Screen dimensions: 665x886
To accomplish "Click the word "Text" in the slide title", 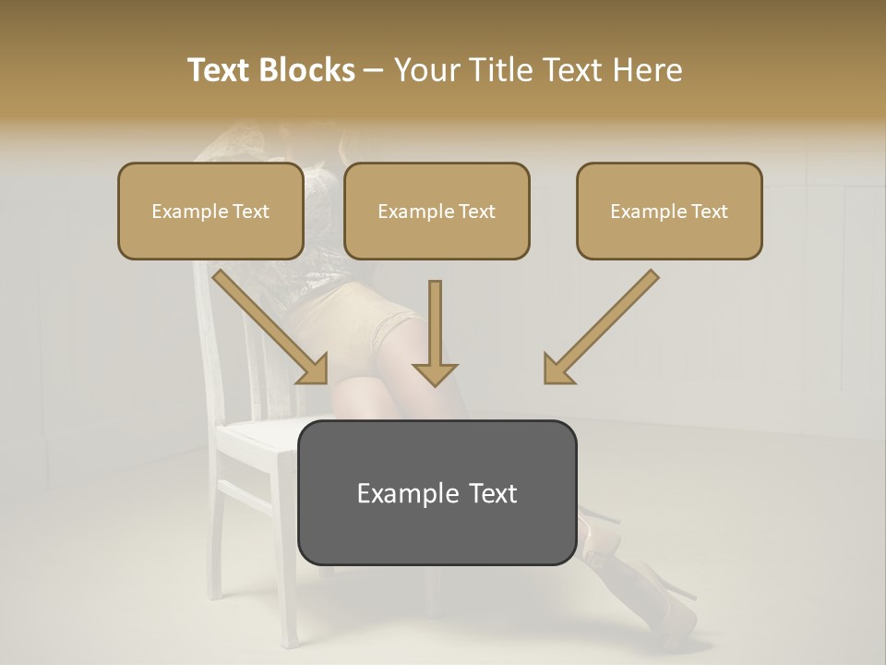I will tap(221, 70).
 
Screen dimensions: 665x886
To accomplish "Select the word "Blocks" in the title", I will tap(309, 70).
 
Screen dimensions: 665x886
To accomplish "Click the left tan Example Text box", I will tap(210, 211).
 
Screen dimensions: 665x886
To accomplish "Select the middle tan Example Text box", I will tap(437, 211).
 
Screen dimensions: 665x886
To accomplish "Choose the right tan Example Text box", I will tap(669, 211).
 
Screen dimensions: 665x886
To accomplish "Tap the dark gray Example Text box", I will tap(437, 531).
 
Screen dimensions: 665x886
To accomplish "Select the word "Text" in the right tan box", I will tap(709, 212).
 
